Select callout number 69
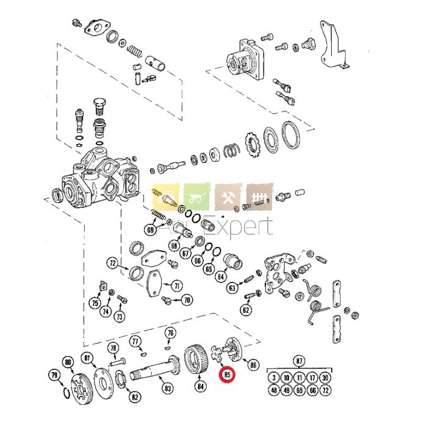(x=150, y=230)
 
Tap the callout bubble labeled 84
(x=201, y=386)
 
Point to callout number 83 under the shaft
(x=167, y=387)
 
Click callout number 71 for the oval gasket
(x=176, y=285)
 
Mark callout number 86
(x=253, y=365)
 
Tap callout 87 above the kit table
(x=299, y=360)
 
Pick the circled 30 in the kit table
(x=325, y=378)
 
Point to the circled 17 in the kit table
(x=312, y=378)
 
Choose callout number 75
(x=95, y=303)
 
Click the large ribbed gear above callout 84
(x=197, y=360)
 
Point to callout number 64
(x=221, y=276)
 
